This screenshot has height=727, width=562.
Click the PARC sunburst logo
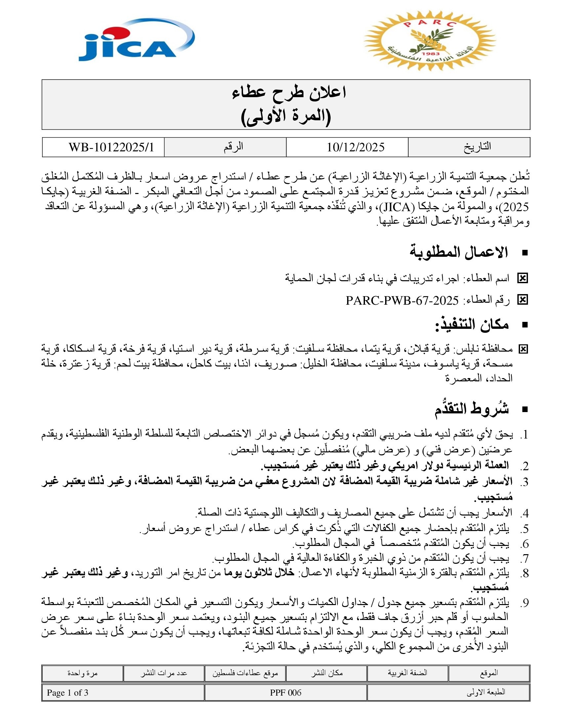pyautogui.click(x=430, y=41)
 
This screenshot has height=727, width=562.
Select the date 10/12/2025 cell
pyautogui.click(x=355, y=147)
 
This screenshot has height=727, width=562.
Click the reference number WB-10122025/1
pyautogui.click(x=111, y=147)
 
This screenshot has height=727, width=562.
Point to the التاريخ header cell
pyautogui.click(x=477, y=147)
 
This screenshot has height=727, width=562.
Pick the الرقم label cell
pyautogui.click(x=233, y=147)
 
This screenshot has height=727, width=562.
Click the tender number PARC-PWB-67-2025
pyautogui.click(x=402, y=301)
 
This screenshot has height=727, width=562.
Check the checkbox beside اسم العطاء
pyautogui.click(x=522, y=278)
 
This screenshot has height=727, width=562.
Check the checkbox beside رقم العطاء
pyautogui.click(x=522, y=300)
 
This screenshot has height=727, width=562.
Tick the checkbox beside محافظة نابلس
pyautogui.click(x=523, y=349)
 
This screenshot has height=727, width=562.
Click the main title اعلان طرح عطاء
pyautogui.click(x=289, y=93)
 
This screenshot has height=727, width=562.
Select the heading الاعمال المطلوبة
pyautogui.click(x=459, y=252)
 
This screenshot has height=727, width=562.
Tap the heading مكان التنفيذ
pyautogui.click(x=472, y=324)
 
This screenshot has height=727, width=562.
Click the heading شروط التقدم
pyautogui.click(x=471, y=409)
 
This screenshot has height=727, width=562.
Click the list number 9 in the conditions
pyautogui.click(x=524, y=602)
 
